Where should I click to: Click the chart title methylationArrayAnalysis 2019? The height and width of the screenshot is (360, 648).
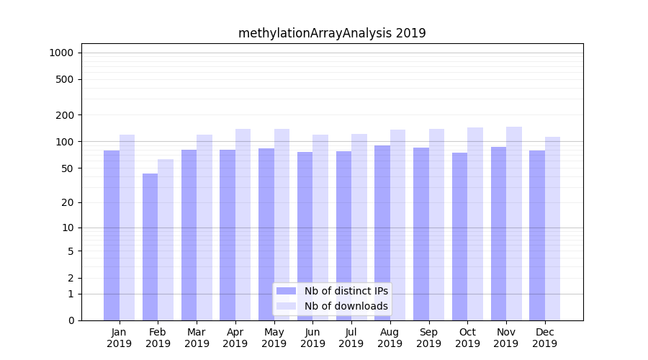[332, 33]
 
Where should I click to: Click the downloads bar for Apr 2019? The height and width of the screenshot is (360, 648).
[243, 225]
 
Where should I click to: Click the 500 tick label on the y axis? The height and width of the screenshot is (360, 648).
[65, 79]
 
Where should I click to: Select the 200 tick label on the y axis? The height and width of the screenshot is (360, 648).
[65, 115]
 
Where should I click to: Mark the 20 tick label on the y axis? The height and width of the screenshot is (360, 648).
[67, 202]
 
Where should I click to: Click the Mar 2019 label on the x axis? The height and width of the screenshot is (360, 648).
[197, 338]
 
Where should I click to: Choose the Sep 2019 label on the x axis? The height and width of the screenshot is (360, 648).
[428, 338]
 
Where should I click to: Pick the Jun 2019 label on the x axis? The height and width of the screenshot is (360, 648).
[312, 338]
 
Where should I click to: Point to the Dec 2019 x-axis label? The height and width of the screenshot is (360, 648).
[544, 338]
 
